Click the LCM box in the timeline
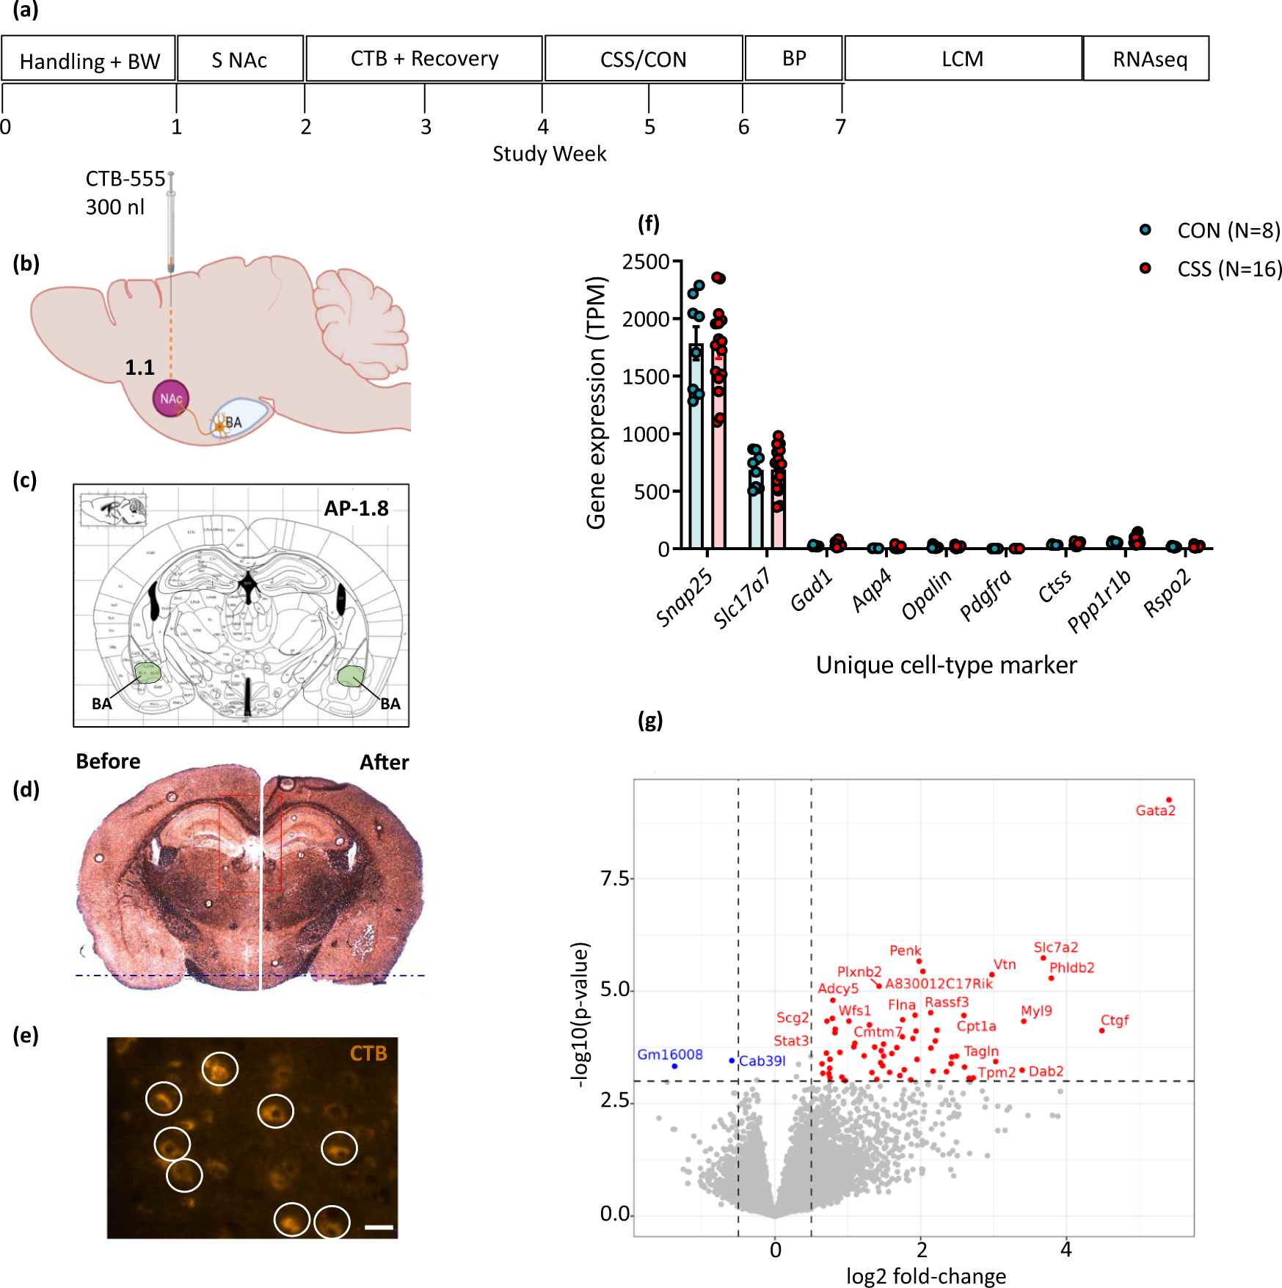tap(962, 59)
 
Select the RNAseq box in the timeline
tap(1148, 59)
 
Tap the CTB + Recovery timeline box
tap(424, 59)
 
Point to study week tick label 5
tap(649, 128)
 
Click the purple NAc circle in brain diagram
tap(171, 398)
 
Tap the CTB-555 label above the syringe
tap(125, 179)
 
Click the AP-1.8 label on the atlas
tap(356, 508)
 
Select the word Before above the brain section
tap(108, 761)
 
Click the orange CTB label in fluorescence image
tap(368, 1053)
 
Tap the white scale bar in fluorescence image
tap(379, 1226)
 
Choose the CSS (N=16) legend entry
tap(1229, 269)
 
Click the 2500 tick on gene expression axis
tap(645, 262)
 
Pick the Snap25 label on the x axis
tap(684, 598)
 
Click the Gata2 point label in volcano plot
tap(1155, 811)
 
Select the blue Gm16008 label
tap(669, 1055)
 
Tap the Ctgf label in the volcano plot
tap(1114, 1020)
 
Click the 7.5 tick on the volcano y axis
tap(614, 878)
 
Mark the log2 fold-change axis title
tap(925, 1276)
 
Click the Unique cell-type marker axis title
tap(946, 665)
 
